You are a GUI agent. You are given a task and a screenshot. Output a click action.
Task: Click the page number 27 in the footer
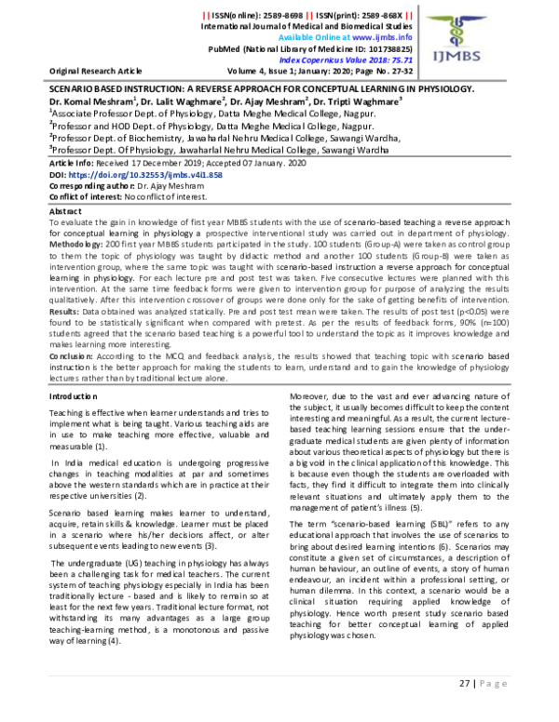(466, 710)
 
